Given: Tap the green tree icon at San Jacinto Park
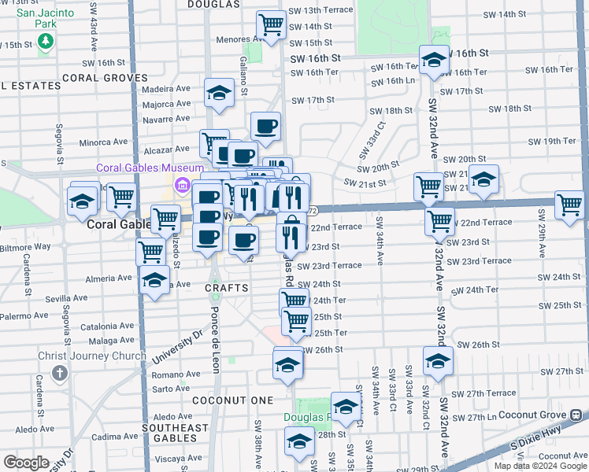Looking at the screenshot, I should pyautogui.click(x=46, y=40).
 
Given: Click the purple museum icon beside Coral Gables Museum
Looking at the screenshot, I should pyautogui.click(x=182, y=186).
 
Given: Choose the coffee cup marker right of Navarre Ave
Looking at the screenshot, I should pyautogui.click(x=265, y=125).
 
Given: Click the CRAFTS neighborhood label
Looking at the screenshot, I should pyautogui.click(x=227, y=289).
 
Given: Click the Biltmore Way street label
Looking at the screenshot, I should pyautogui.click(x=26, y=245).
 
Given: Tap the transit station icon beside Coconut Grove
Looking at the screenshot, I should pyautogui.click(x=577, y=414).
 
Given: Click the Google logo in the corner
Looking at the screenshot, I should pyautogui.click(x=26, y=463).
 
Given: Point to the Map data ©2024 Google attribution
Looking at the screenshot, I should pyautogui.click(x=539, y=466).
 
